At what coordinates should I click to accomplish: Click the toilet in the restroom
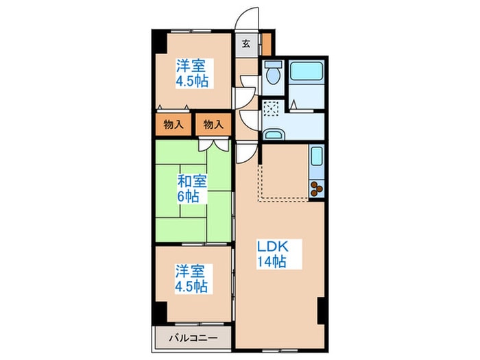tap(272, 73)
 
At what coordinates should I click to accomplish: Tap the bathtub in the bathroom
tap(307, 71)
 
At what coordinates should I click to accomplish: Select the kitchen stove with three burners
tap(317, 189)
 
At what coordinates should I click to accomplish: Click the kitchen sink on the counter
tap(317, 156)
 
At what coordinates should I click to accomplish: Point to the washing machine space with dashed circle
tap(272, 108)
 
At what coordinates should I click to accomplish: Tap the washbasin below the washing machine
tap(274, 134)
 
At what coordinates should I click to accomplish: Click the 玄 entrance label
tap(245, 44)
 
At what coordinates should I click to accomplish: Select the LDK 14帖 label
tap(272, 254)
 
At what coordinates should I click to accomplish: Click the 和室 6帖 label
tap(192, 189)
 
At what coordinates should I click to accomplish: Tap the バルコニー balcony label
tap(194, 338)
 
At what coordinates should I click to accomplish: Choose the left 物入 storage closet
tap(173, 125)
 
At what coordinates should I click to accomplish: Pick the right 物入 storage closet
tap(213, 125)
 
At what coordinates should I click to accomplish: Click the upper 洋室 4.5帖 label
tap(192, 73)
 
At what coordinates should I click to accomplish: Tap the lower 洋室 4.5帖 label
tap(191, 279)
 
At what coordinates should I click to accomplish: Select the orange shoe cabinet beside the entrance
tap(267, 44)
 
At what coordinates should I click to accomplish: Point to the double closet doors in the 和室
tap(214, 145)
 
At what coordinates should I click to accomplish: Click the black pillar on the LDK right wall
tap(321, 310)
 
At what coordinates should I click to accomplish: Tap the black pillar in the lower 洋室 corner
tap(160, 313)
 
